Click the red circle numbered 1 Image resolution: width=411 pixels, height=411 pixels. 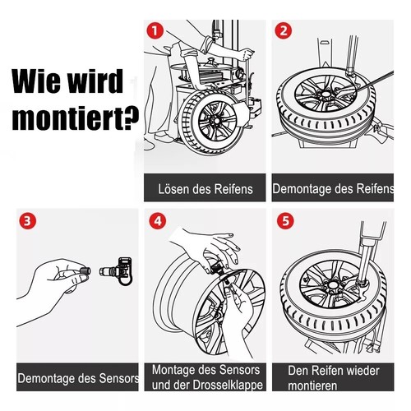(154, 30)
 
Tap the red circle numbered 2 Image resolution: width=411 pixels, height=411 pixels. (283, 30)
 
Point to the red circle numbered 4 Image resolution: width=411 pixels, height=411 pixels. (155, 221)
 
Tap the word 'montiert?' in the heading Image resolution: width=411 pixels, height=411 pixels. (75, 121)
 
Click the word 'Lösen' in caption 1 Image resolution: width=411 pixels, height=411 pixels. (175, 189)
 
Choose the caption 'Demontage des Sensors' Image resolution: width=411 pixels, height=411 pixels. (77, 379)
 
